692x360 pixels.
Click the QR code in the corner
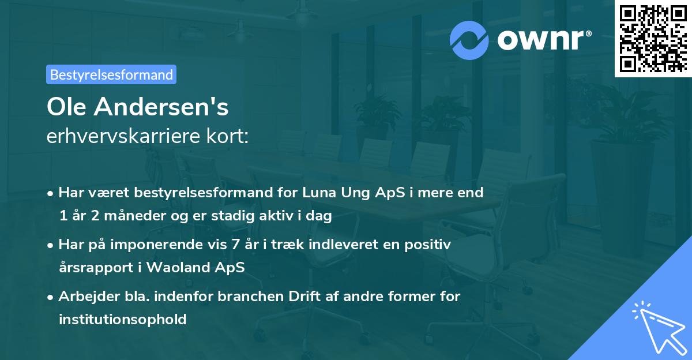tap(653, 38)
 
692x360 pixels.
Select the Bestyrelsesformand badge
tap(111, 74)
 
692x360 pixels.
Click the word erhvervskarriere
tap(122, 137)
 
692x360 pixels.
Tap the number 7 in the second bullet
tap(234, 244)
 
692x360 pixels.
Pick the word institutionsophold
tap(122, 319)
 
